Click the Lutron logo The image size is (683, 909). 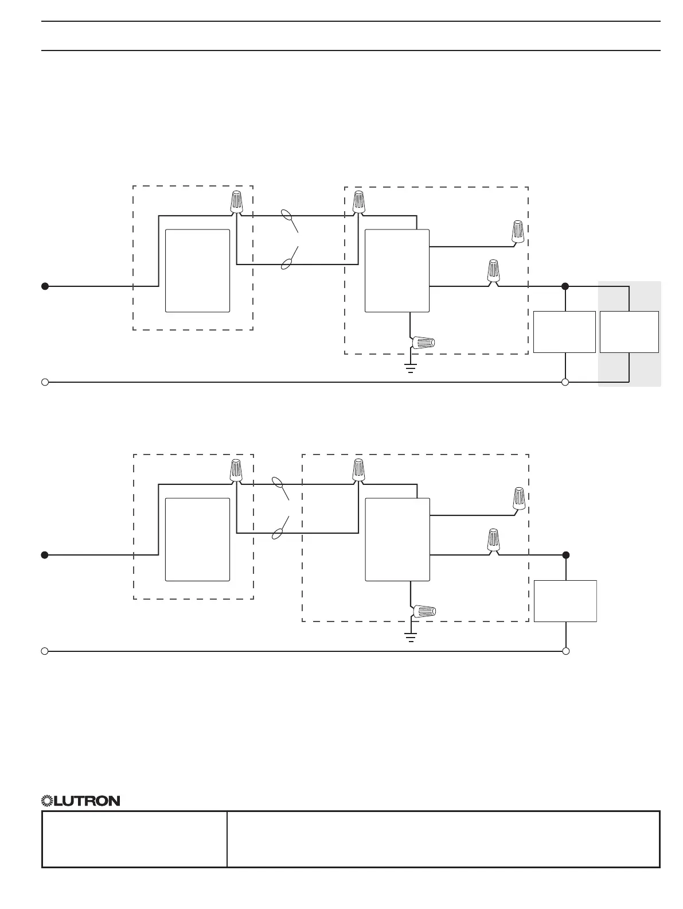pos(81,801)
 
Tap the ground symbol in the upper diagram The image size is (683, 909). pos(411,367)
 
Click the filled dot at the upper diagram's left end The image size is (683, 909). pos(45,286)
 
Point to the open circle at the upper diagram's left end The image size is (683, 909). pos(45,382)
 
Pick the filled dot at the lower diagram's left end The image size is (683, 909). pos(45,555)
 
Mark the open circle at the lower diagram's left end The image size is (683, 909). pos(45,651)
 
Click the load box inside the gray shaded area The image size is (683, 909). pos(629,332)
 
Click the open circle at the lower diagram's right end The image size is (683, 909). pos(566,651)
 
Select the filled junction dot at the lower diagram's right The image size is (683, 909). pos(566,555)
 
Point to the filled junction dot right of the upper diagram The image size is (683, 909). pos(565,286)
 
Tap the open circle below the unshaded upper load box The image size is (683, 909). pos(565,382)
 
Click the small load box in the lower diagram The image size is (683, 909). pos(565,601)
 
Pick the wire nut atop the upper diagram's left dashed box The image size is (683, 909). pos(236,201)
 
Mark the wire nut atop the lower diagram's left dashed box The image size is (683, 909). pos(236,470)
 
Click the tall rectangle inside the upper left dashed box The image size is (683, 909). pos(197,271)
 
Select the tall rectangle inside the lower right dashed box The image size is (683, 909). pos(397,539)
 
